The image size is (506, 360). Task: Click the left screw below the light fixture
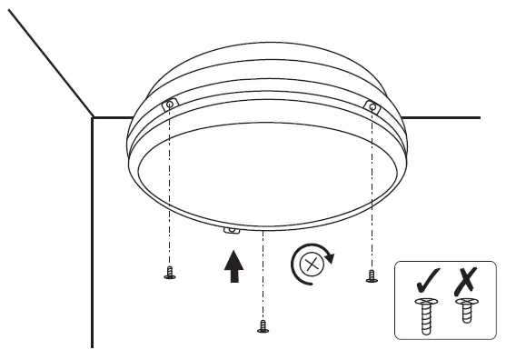(x=169, y=275)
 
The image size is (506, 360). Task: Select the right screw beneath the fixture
(x=371, y=276)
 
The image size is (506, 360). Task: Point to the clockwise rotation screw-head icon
(x=310, y=265)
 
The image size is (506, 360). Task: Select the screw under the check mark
(x=424, y=313)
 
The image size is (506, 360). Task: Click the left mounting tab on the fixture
(x=169, y=106)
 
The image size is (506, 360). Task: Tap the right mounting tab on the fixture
(x=371, y=108)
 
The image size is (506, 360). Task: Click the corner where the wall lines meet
(x=93, y=116)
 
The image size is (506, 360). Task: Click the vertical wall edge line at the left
(x=93, y=236)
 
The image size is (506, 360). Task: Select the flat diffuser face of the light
(x=263, y=173)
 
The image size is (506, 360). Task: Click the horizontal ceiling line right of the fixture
(x=445, y=117)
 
